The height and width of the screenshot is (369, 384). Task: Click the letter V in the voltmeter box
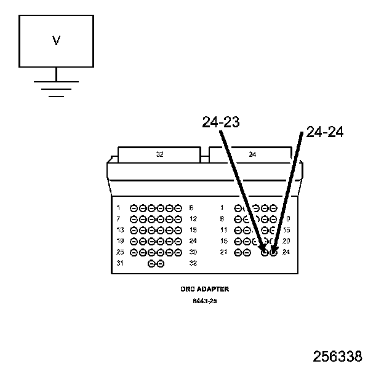[x=56, y=41]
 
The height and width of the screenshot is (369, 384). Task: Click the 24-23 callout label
[x=220, y=122]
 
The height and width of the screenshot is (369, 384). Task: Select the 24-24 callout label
[x=324, y=132]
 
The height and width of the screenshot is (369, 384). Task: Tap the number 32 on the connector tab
[x=160, y=155]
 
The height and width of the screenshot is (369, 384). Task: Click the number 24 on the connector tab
[x=252, y=155]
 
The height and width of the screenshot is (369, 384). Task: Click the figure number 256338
[x=337, y=357]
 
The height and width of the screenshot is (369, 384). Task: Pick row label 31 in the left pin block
[x=120, y=263]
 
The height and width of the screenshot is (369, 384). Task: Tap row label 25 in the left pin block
[x=120, y=252]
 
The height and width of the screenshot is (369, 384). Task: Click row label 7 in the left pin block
[x=118, y=219]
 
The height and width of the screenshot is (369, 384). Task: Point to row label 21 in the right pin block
[x=224, y=252]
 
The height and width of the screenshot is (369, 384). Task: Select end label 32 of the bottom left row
[x=193, y=263]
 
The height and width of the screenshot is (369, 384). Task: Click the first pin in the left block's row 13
[x=134, y=230]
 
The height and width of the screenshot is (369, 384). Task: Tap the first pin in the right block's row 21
[x=238, y=252]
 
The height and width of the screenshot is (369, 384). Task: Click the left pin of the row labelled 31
[x=151, y=263]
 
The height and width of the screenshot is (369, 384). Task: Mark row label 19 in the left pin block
[x=120, y=241]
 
